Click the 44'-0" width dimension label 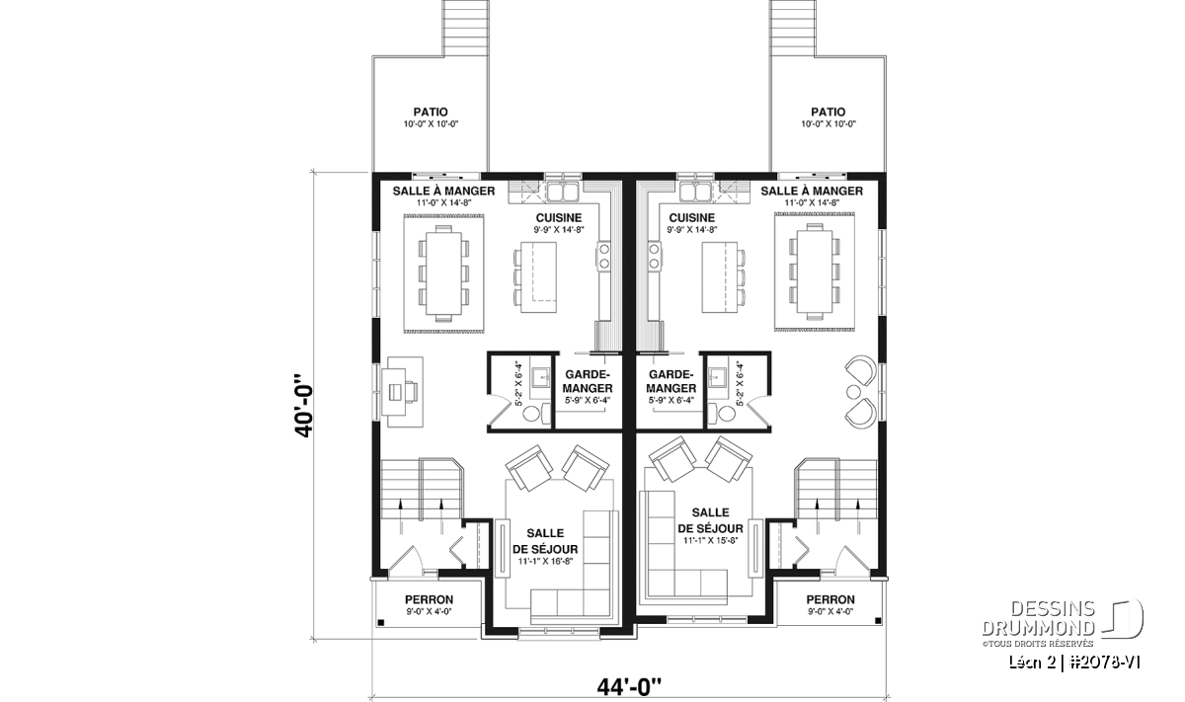tap(629, 687)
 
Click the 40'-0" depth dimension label tap(304, 406)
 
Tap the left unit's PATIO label tap(431, 113)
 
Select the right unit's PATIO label tap(828, 113)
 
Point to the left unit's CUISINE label tap(559, 218)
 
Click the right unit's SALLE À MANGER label tap(812, 191)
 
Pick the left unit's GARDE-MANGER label tap(588, 381)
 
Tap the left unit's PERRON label tap(429, 600)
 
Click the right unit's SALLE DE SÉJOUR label tap(710, 520)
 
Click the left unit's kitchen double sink tap(562, 192)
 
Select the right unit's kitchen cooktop tap(654, 257)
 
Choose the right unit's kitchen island tap(720, 277)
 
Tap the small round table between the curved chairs tap(853, 392)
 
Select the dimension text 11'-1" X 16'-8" tap(545, 561)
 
